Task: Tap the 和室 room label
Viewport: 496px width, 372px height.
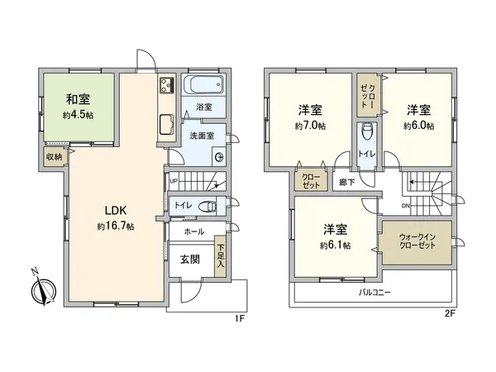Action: click(x=80, y=99)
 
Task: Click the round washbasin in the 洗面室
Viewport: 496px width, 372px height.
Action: click(x=219, y=158)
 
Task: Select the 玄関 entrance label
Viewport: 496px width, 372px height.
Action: click(x=189, y=259)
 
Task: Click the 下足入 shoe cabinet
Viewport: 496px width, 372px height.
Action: click(x=220, y=255)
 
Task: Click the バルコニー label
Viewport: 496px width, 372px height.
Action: click(x=374, y=293)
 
